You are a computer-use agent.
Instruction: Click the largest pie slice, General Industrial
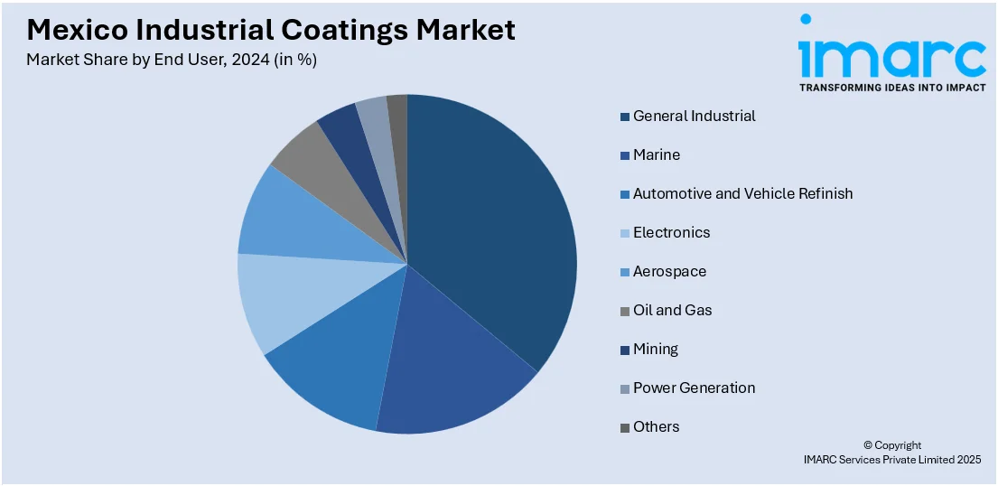click(492, 226)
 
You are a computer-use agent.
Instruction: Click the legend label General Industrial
click(694, 116)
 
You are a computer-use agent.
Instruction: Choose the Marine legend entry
click(657, 154)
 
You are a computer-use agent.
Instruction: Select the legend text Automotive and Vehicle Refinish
click(742, 193)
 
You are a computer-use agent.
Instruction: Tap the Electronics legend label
click(671, 232)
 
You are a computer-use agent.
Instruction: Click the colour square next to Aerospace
click(625, 272)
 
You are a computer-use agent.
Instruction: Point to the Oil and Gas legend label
click(672, 310)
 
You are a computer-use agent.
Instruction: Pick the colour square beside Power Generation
click(625, 388)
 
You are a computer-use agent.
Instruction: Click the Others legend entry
click(656, 426)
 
